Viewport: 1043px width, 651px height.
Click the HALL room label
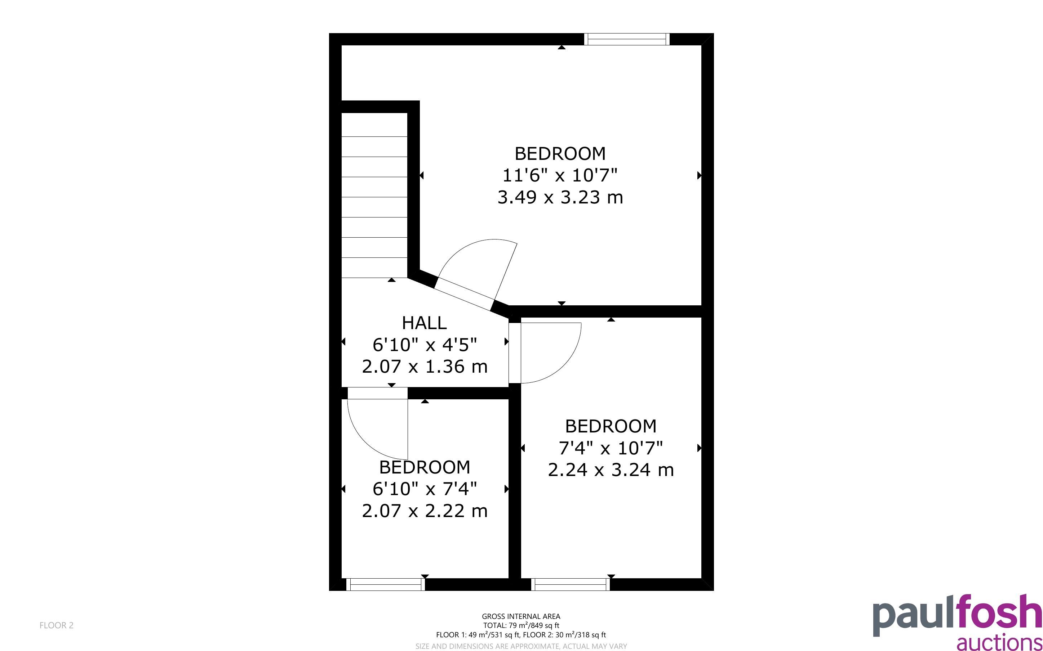point(424,323)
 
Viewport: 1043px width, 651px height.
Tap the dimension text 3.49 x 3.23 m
point(560,197)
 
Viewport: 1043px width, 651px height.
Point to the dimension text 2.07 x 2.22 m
point(424,511)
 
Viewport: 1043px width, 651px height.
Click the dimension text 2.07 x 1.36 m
point(424,367)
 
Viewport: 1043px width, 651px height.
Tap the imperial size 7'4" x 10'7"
point(611,448)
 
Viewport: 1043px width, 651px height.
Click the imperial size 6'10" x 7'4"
point(424,489)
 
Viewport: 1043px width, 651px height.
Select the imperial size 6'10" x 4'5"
point(424,345)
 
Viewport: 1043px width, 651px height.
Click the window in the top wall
point(627,39)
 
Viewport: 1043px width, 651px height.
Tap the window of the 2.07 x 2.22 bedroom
point(386,584)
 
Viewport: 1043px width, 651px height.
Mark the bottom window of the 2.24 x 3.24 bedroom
point(571,584)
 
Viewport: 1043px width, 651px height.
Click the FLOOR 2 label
point(57,625)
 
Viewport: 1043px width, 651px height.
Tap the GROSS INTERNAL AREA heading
point(521,616)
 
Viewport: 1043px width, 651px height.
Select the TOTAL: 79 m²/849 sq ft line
point(521,625)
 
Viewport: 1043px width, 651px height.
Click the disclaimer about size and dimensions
point(521,646)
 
